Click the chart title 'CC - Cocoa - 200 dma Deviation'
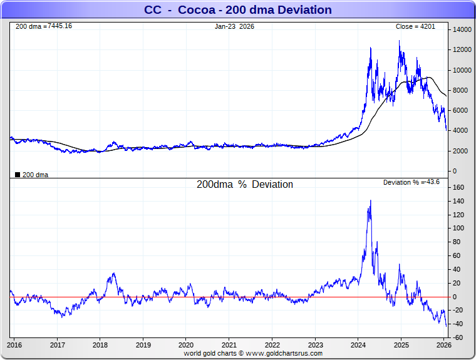click(237, 10)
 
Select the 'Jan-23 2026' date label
click(235, 26)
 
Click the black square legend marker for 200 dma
click(17, 175)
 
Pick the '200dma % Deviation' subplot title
click(244, 185)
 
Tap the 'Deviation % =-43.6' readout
click(411, 182)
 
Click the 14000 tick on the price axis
click(462, 30)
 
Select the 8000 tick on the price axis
click(460, 90)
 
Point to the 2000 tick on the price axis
click(460, 151)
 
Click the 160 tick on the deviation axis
click(458, 187)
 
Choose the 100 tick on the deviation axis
click(458, 229)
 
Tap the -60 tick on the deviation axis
click(458, 338)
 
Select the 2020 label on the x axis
click(186, 345)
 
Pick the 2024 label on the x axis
click(358, 345)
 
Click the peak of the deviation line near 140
click(370, 200)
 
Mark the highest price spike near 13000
click(399, 41)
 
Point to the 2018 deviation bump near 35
click(113, 273)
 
